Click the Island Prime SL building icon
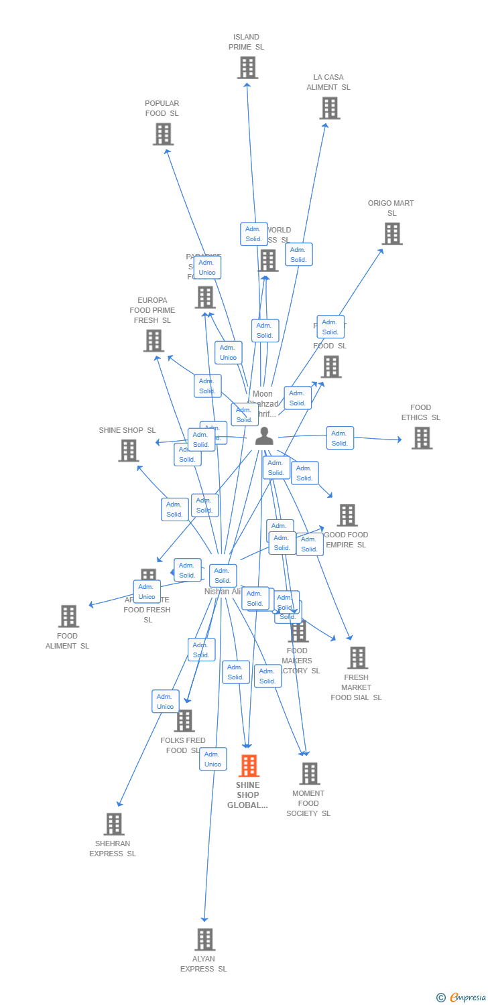tap(247, 68)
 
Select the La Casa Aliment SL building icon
tap(329, 108)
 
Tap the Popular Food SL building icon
tap(163, 134)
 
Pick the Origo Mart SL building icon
tap(392, 234)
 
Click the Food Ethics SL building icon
tap(422, 438)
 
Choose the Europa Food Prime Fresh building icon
tap(154, 340)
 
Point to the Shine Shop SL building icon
tap(129, 451)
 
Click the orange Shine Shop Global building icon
tap(249, 766)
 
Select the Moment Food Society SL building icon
tap(309, 774)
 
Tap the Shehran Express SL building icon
tap(114, 824)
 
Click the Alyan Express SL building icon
tap(204, 939)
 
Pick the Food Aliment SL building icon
tap(68, 616)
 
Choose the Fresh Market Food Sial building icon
tap(357, 658)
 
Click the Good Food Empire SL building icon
tap(347, 515)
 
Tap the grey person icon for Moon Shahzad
tap(264, 436)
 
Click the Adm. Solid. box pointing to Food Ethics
tap(340, 438)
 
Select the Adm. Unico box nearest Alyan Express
tap(212, 759)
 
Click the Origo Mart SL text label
tap(391, 208)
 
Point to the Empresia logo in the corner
tap(462, 998)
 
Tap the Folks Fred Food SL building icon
tap(184, 721)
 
